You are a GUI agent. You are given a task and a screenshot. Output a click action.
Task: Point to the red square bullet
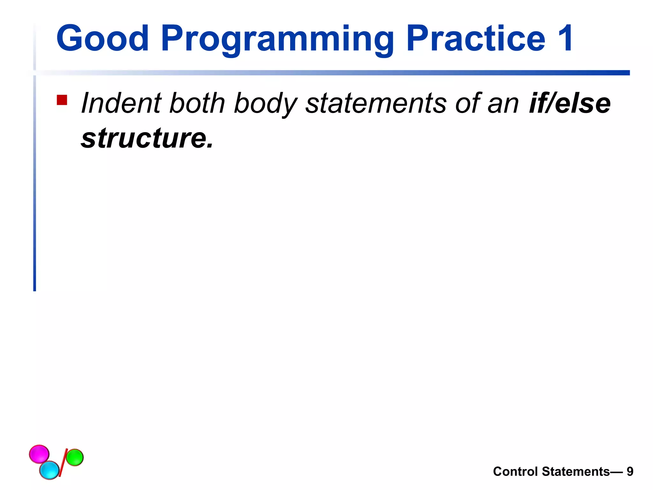[62, 100]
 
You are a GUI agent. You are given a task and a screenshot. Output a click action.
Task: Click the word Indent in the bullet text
[121, 103]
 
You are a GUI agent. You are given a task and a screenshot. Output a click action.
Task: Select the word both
[197, 103]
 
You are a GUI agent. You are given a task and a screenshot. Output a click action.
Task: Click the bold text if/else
[569, 103]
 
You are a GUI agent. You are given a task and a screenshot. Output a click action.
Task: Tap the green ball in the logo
[75, 457]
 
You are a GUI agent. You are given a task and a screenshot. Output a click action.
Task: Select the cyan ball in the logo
[49, 470]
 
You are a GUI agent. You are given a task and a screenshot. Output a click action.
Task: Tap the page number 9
[630, 471]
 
